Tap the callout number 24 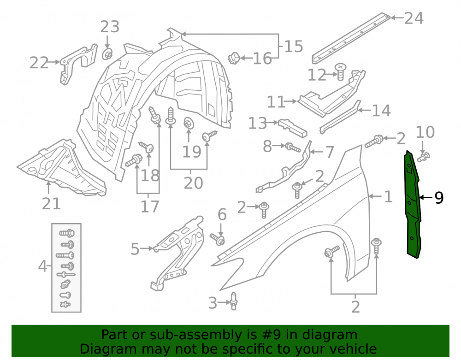(414, 18)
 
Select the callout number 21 (51, 203)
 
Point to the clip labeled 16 (234, 58)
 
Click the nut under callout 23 (107, 54)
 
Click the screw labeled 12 (341, 71)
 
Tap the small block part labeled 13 (293, 128)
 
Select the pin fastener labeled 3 (233, 301)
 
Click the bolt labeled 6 (218, 239)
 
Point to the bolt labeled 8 (293, 147)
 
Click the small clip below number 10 (423, 157)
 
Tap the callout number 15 (294, 47)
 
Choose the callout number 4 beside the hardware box (42, 266)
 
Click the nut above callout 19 (189, 124)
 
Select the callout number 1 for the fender (388, 197)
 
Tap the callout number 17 (150, 207)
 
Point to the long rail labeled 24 (351, 38)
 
